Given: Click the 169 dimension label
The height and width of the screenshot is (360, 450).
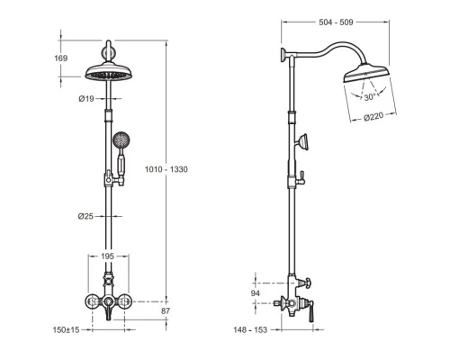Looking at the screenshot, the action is coord(60,58).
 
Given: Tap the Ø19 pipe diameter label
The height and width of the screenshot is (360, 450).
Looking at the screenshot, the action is coord(86,99).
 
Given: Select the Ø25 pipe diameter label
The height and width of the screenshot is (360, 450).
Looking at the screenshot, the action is coord(85,216).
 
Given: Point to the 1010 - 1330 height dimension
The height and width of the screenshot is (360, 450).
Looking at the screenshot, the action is coord(166,169).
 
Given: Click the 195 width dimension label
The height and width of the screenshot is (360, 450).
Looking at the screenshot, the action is coord(107,256).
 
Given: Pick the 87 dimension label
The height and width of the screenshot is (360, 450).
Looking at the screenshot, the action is coord(166,311).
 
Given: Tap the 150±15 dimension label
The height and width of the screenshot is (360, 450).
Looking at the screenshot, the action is coord(66,330).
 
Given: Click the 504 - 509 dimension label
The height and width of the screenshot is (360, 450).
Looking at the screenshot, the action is coord(336,22).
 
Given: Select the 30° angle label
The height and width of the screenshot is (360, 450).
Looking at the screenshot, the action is coord(370,97).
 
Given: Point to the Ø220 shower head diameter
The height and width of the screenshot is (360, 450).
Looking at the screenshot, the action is coord(373,116).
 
